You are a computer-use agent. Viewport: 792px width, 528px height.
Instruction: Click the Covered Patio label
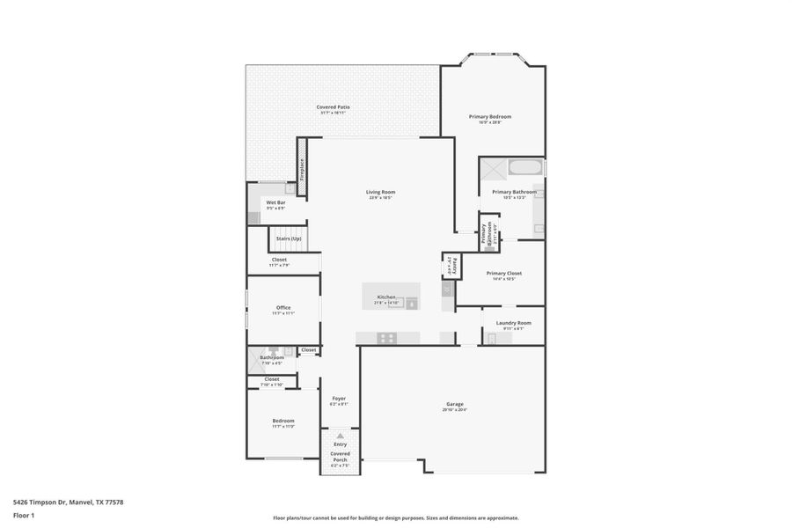coord(333,107)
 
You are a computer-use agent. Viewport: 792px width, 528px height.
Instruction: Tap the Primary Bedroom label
coord(489,116)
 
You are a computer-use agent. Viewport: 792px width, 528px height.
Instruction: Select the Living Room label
coord(381,192)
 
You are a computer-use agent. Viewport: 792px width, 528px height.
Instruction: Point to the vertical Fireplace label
coord(303,167)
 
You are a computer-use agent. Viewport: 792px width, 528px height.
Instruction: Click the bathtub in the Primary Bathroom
coord(525,167)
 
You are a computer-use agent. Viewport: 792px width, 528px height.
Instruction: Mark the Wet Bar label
coord(275,202)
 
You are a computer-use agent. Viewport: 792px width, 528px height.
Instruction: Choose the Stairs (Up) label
coord(289,238)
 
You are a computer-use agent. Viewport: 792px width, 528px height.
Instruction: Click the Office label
coord(283,307)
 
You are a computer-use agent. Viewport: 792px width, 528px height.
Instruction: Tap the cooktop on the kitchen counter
coord(386,338)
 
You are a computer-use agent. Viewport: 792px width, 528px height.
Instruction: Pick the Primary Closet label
coord(503,273)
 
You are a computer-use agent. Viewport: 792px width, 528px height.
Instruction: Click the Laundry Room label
coord(513,323)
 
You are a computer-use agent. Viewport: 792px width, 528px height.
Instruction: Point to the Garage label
coord(454,404)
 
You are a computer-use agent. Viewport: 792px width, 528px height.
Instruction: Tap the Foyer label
coord(339,399)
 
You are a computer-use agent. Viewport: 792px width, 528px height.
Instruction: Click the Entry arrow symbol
coord(340,436)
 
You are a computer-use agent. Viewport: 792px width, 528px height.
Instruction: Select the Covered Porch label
coord(340,457)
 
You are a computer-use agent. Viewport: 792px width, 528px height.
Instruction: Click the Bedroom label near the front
coord(283,421)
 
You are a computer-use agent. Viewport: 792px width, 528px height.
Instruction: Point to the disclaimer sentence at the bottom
coord(395,517)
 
